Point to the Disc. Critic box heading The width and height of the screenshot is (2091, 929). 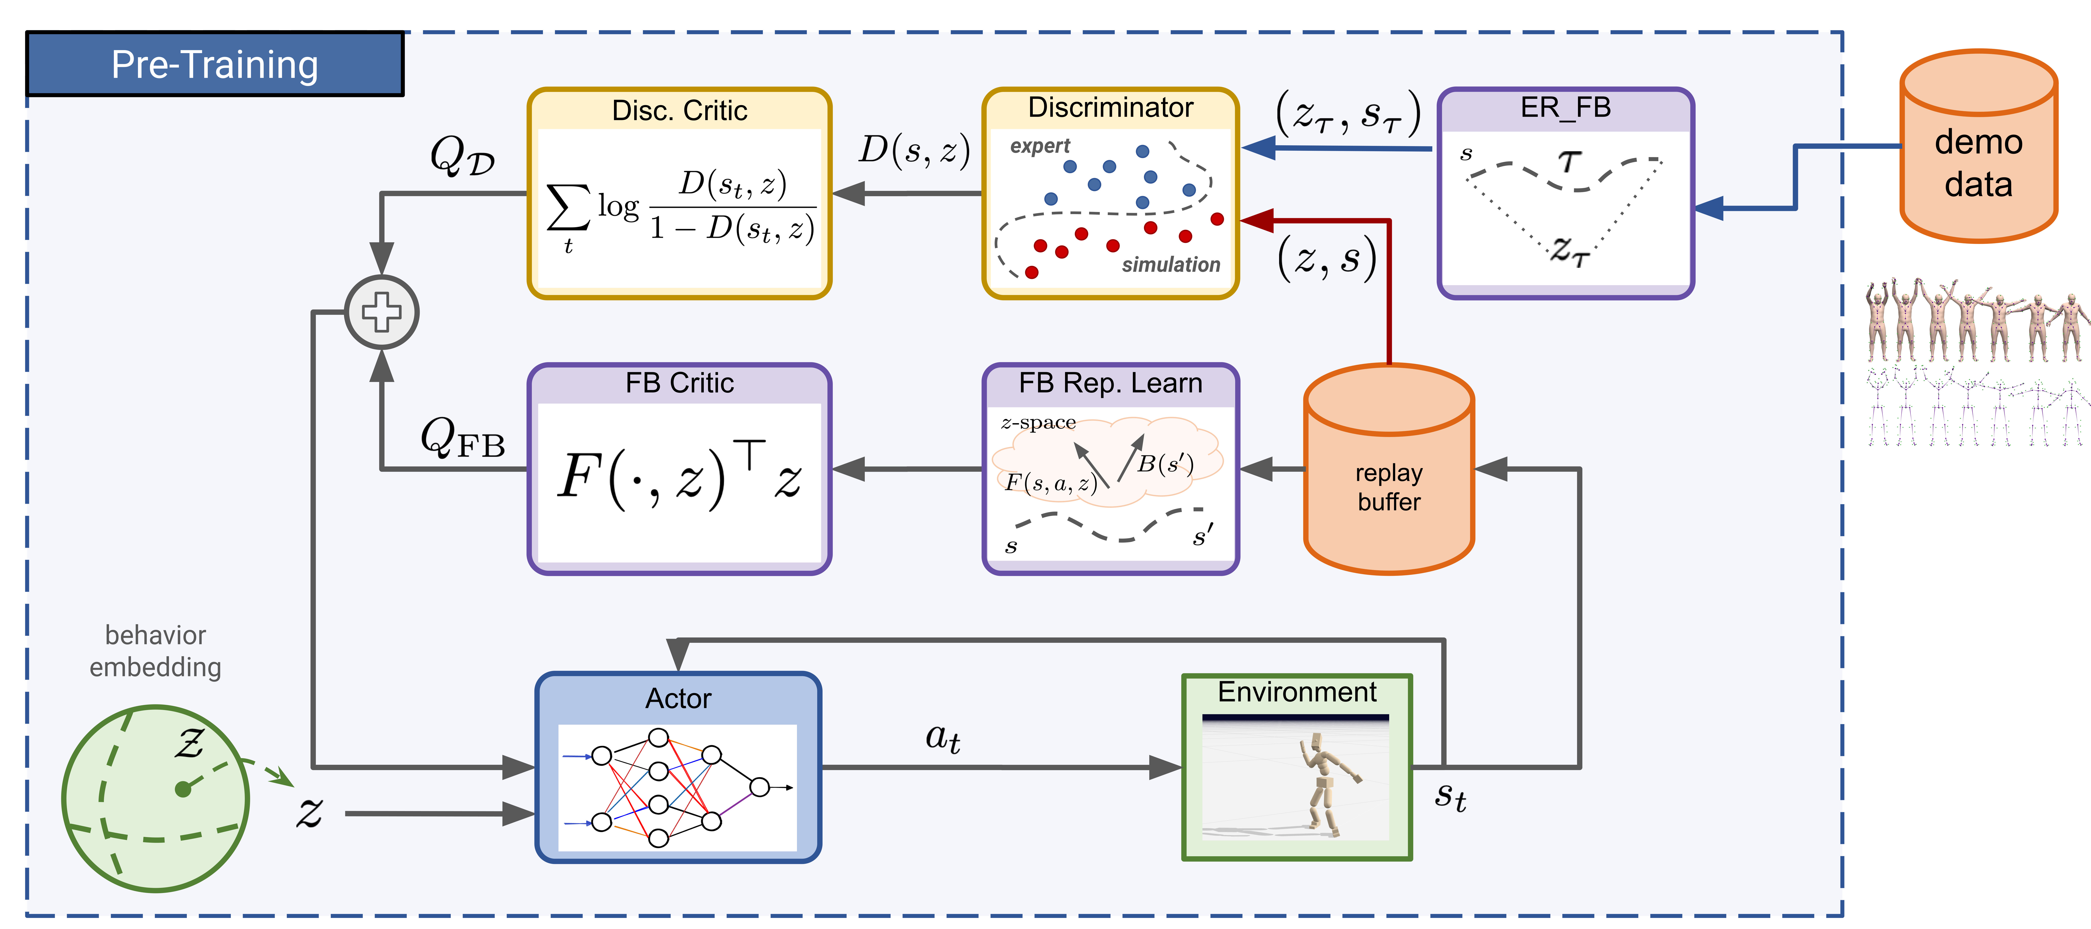[x=679, y=110]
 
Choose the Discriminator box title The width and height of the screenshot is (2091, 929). [x=1110, y=107]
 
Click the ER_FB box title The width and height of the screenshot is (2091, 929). [x=1565, y=107]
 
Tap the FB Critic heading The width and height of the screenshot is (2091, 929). [x=679, y=382]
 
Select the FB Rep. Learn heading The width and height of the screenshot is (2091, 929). [x=1110, y=382]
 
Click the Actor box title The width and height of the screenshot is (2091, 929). [x=678, y=698]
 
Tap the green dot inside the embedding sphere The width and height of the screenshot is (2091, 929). [x=183, y=788]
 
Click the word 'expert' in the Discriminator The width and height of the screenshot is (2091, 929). [x=1040, y=146]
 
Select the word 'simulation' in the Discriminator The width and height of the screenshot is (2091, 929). [x=1171, y=265]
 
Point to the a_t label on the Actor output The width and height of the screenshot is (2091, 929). [x=942, y=737]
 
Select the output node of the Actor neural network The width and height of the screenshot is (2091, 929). [x=759, y=787]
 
